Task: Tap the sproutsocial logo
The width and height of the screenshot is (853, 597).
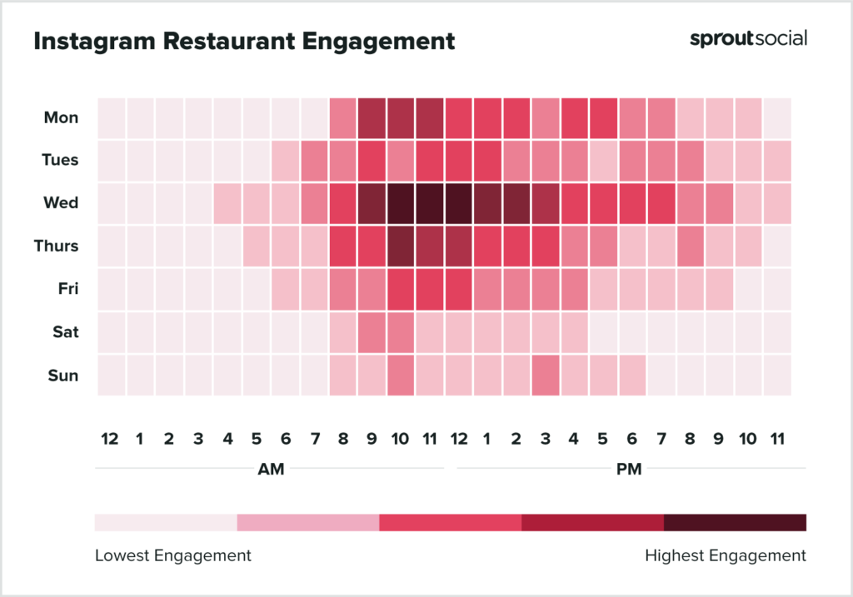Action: click(748, 38)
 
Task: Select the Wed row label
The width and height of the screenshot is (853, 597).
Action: click(62, 203)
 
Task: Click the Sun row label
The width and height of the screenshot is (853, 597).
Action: click(64, 376)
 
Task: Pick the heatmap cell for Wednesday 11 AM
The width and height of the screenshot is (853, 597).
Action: click(430, 203)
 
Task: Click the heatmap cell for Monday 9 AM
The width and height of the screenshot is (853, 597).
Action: click(372, 117)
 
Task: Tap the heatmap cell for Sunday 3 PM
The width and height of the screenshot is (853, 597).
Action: click(546, 376)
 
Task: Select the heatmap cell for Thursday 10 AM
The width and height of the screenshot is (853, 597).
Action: click(401, 246)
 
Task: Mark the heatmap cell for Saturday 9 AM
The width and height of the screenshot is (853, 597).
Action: click(372, 332)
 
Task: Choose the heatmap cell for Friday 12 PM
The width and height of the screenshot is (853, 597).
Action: click(458, 290)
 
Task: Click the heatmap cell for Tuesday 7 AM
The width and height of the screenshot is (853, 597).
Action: click(314, 161)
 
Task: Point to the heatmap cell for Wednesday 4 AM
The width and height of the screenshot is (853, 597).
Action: click(227, 203)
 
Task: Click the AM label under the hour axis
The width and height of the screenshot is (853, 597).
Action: click(271, 470)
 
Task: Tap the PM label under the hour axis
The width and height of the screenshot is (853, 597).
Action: click(629, 470)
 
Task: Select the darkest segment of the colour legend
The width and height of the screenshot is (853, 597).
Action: click(735, 522)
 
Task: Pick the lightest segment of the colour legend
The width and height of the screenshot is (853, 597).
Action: click(166, 522)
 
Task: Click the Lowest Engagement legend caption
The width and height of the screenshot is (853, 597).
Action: click(173, 555)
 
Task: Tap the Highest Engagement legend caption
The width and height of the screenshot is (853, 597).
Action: click(726, 555)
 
